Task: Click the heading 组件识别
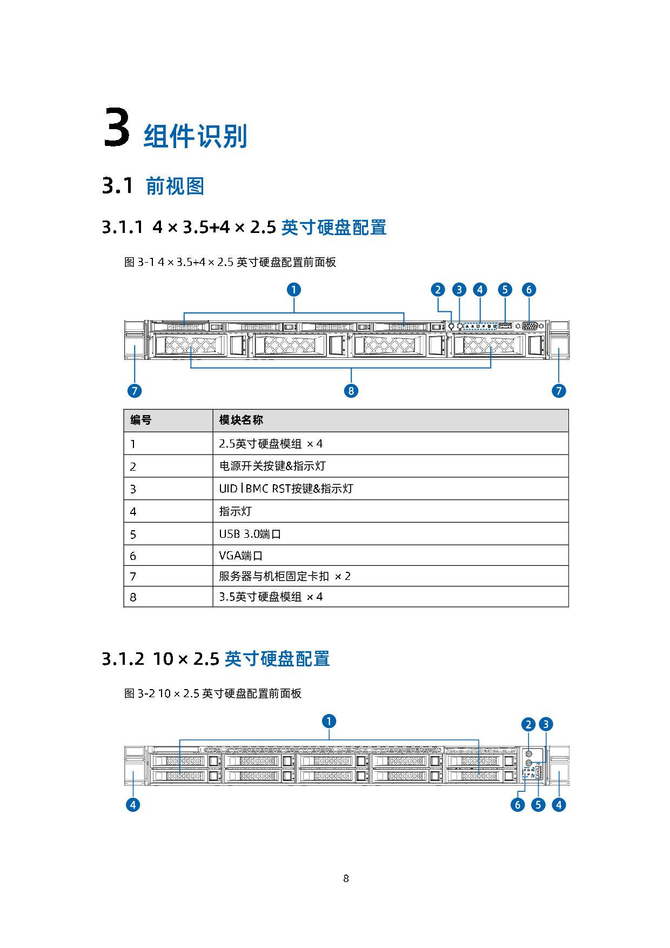click(196, 136)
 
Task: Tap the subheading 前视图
click(175, 186)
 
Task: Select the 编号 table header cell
click(168, 420)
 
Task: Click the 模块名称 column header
click(390, 420)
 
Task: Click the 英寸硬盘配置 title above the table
click(334, 228)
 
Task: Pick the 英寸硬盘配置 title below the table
click(277, 659)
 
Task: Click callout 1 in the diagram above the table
click(294, 290)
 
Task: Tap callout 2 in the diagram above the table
click(438, 290)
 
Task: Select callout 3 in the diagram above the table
click(459, 290)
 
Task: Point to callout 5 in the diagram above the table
click(505, 290)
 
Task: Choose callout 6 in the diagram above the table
click(529, 290)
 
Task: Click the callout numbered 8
click(351, 391)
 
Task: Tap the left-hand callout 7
click(135, 391)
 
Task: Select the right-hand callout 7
click(559, 391)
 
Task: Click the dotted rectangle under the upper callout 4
click(480, 326)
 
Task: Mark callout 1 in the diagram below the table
click(329, 721)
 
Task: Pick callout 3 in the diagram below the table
click(546, 724)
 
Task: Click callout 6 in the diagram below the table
click(518, 805)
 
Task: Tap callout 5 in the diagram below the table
click(538, 805)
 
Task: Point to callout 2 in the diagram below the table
click(528, 724)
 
